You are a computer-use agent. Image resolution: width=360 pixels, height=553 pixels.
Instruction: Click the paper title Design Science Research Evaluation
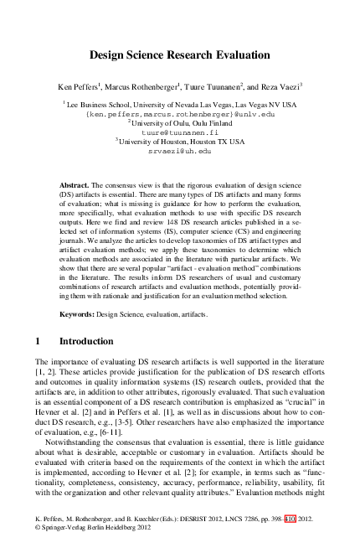click(179, 56)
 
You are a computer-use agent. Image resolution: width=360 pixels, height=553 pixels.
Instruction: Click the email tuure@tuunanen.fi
click(180, 132)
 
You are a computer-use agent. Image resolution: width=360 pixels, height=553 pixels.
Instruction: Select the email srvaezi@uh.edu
click(180, 152)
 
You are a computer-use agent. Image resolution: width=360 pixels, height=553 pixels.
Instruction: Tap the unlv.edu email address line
click(180, 112)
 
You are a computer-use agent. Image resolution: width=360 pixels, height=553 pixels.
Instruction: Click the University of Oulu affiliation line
click(180, 122)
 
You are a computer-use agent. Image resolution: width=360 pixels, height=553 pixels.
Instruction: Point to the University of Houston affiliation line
click(180, 142)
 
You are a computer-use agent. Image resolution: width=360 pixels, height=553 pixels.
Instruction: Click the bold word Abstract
click(75, 183)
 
